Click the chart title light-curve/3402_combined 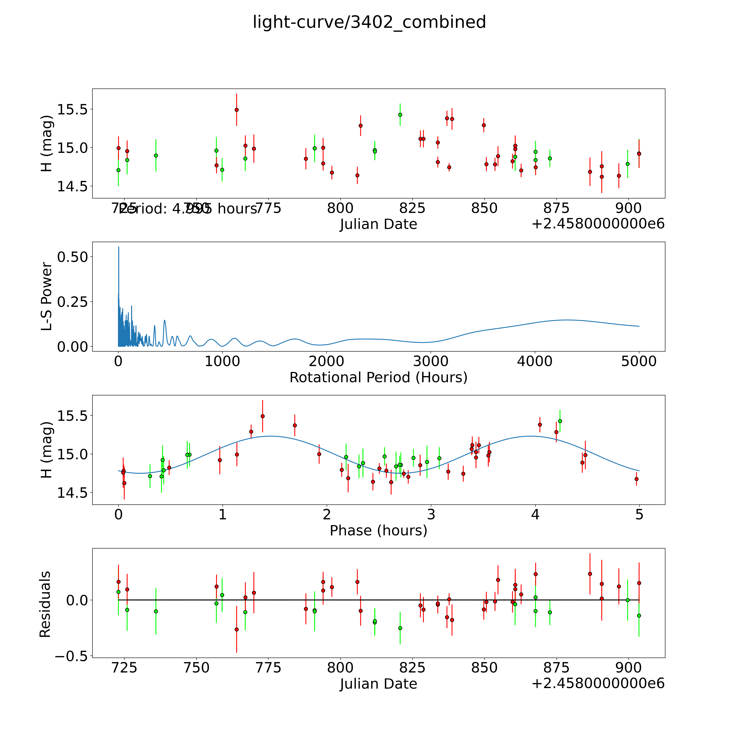[x=369, y=22]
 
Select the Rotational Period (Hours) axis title [x=378, y=378]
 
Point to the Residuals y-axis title [x=45, y=604]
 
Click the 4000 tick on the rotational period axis [x=535, y=361]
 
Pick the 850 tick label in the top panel [x=484, y=208]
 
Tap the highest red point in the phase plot [x=262, y=416]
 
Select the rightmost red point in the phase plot [x=636, y=479]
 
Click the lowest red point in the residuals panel [x=236, y=629]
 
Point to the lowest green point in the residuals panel [x=400, y=628]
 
